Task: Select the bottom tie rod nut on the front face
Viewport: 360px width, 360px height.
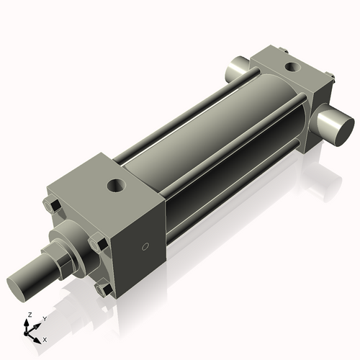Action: point(104,289)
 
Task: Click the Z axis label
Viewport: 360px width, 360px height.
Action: point(29,315)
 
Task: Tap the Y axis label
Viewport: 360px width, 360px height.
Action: point(44,318)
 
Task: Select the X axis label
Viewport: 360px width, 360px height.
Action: point(45,338)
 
